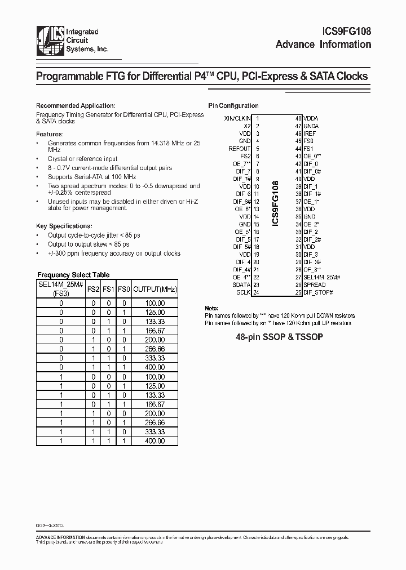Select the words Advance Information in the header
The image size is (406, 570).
[323, 45]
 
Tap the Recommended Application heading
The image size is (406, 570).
[76, 105]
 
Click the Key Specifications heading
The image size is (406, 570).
[61, 225]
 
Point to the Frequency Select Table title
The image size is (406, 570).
[73, 275]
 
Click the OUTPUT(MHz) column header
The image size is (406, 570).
[155, 289]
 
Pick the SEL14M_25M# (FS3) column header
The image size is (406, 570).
[61, 289]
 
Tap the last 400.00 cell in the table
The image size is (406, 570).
[155, 441]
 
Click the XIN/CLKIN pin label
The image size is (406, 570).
[237, 118]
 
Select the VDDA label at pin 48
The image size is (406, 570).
[311, 118]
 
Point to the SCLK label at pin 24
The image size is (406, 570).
[244, 292]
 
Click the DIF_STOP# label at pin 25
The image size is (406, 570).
[317, 292]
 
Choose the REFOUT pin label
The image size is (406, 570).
[240, 149]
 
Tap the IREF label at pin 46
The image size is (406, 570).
[310, 133]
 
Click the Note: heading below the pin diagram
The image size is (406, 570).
[211, 309]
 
